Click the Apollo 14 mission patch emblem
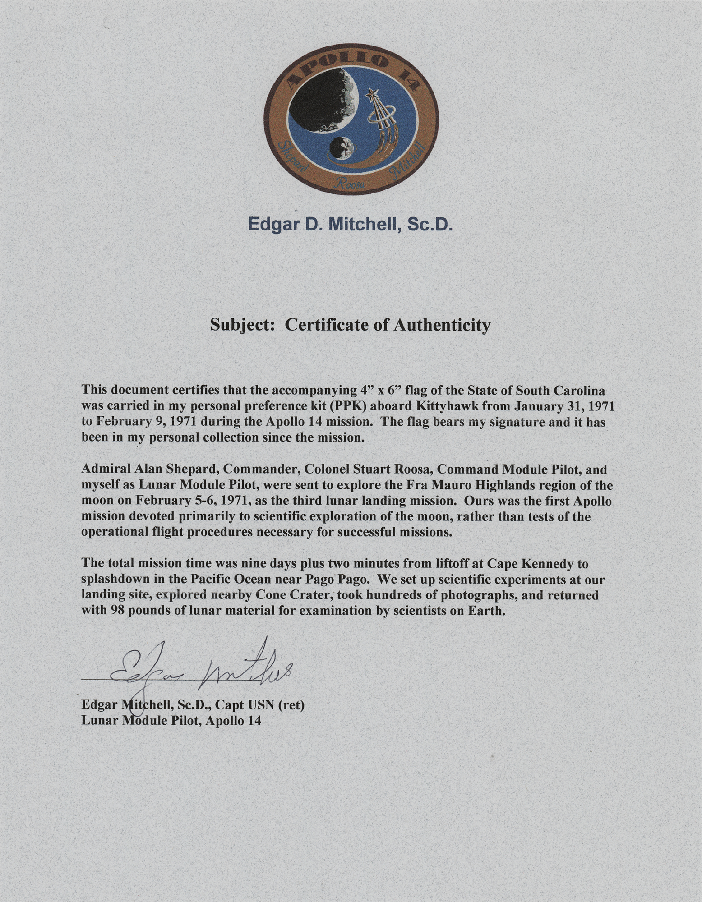pyautogui.click(x=351, y=119)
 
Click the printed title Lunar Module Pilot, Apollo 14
pyautogui.click(x=171, y=720)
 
